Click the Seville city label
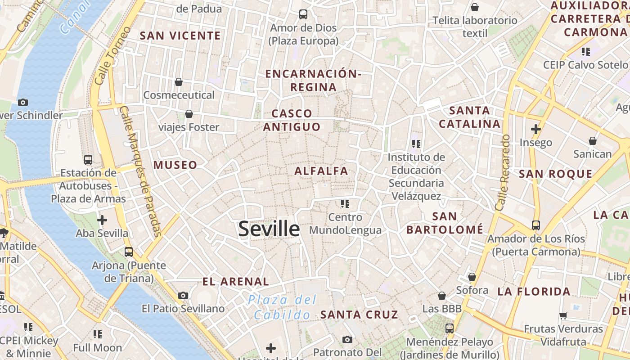pos(269,229)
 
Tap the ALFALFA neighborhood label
pos(321,171)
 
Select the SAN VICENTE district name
pos(180,36)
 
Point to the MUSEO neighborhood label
pos(175,165)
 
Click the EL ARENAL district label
pos(235,282)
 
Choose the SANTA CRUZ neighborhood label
pos(359,315)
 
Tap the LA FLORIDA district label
pos(534,292)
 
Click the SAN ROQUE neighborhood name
pos(555,174)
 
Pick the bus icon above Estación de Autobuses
pos(88,160)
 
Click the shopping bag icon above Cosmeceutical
pos(179,82)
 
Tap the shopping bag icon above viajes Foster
pos(189,114)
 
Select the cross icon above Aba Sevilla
pos(102,220)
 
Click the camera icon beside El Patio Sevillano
pos(183,295)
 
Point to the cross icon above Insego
pos(535,129)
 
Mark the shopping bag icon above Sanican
pos(593,141)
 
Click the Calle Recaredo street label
pos(503,172)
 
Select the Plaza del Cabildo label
pos(283,307)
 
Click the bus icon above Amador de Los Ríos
pos(535,225)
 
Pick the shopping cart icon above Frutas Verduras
pos(563,315)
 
